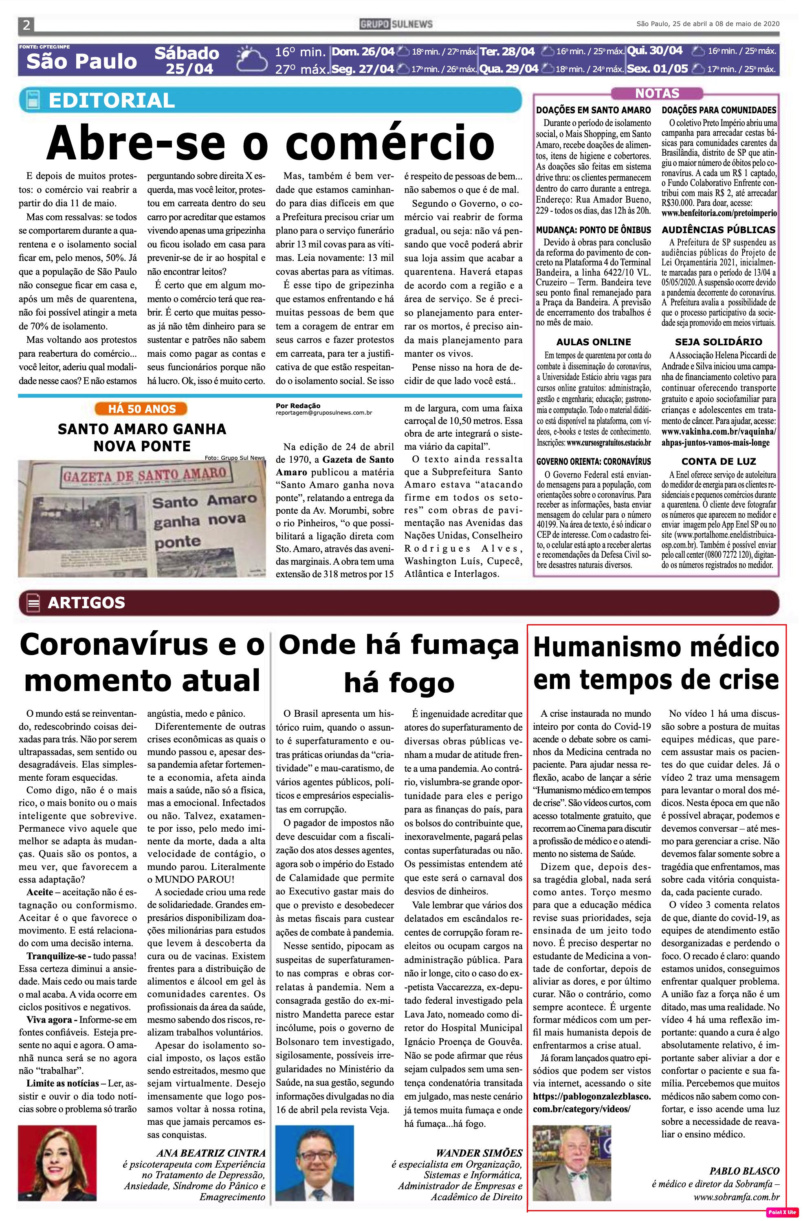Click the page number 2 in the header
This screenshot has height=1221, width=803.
[x=26, y=24]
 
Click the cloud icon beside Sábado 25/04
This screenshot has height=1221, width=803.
[x=251, y=60]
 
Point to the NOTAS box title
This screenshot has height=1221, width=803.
[x=657, y=93]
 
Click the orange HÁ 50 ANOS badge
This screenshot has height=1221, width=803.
[x=141, y=409]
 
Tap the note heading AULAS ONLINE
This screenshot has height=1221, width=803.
[x=593, y=342]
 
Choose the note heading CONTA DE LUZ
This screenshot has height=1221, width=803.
[x=718, y=461]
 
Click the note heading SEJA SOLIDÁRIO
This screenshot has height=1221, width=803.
[x=718, y=342]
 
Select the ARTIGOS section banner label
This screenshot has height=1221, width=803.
[x=86, y=602]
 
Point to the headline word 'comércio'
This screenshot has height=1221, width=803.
[x=390, y=143]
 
